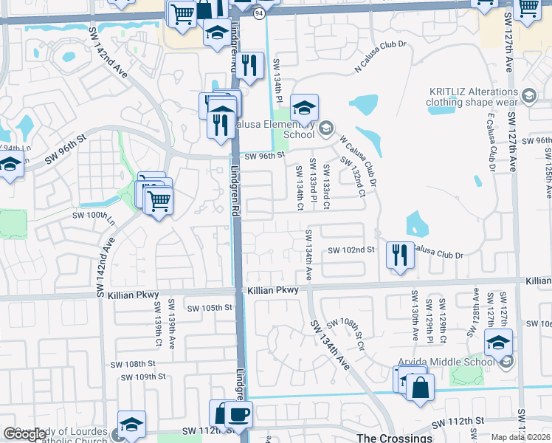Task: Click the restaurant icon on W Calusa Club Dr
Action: pos(400,255)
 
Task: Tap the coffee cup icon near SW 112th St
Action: pos(238,414)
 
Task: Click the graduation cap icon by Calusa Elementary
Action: pos(303,109)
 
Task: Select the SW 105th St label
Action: pos(210,308)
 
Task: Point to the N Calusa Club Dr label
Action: pos(381,55)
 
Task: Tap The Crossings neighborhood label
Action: pos(394,437)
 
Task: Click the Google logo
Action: pos(25,434)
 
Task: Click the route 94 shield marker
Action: pos(258,13)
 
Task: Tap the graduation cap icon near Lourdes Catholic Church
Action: pos(131,425)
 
